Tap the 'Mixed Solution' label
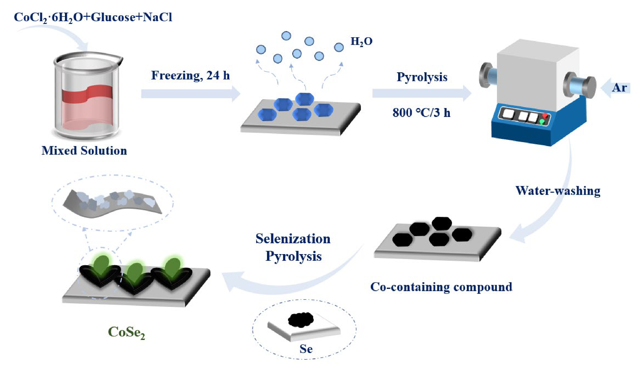click(84, 151)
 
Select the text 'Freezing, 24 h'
click(190, 75)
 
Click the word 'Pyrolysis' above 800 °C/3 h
click(422, 77)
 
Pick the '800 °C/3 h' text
click(422, 112)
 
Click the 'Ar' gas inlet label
click(619, 88)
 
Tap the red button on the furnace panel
click(545, 116)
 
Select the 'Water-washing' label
click(558, 191)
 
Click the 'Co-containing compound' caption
click(441, 287)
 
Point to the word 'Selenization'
click(293, 239)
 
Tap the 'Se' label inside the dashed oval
click(306, 349)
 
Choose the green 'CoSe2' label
click(126, 332)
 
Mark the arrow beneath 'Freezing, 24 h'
click(190, 93)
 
